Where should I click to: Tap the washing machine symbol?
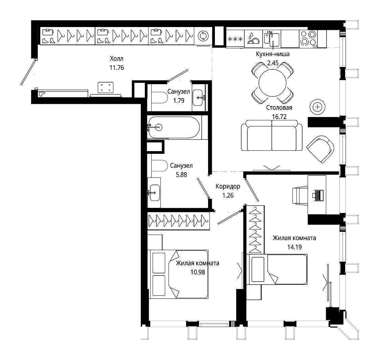(203, 36)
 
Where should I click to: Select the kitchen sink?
(272, 39)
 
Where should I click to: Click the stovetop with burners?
(308, 39)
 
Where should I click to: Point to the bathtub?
(174, 127)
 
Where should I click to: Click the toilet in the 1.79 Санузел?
(159, 98)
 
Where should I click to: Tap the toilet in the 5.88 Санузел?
(159, 166)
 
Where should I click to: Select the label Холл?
(116, 59)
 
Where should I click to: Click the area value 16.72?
(279, 117)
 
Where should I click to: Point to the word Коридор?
(228, 186)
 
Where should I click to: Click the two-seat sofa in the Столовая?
(272, 135)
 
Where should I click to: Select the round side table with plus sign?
(317, 107)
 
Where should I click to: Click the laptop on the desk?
(318, 195)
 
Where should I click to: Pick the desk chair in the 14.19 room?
(300, 195)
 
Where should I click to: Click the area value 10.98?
(198, 272)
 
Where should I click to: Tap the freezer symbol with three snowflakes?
(235, 39)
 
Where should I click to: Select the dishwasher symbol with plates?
(253, 39)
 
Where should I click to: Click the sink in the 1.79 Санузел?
(198, 98)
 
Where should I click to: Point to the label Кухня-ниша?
(273, 54)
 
